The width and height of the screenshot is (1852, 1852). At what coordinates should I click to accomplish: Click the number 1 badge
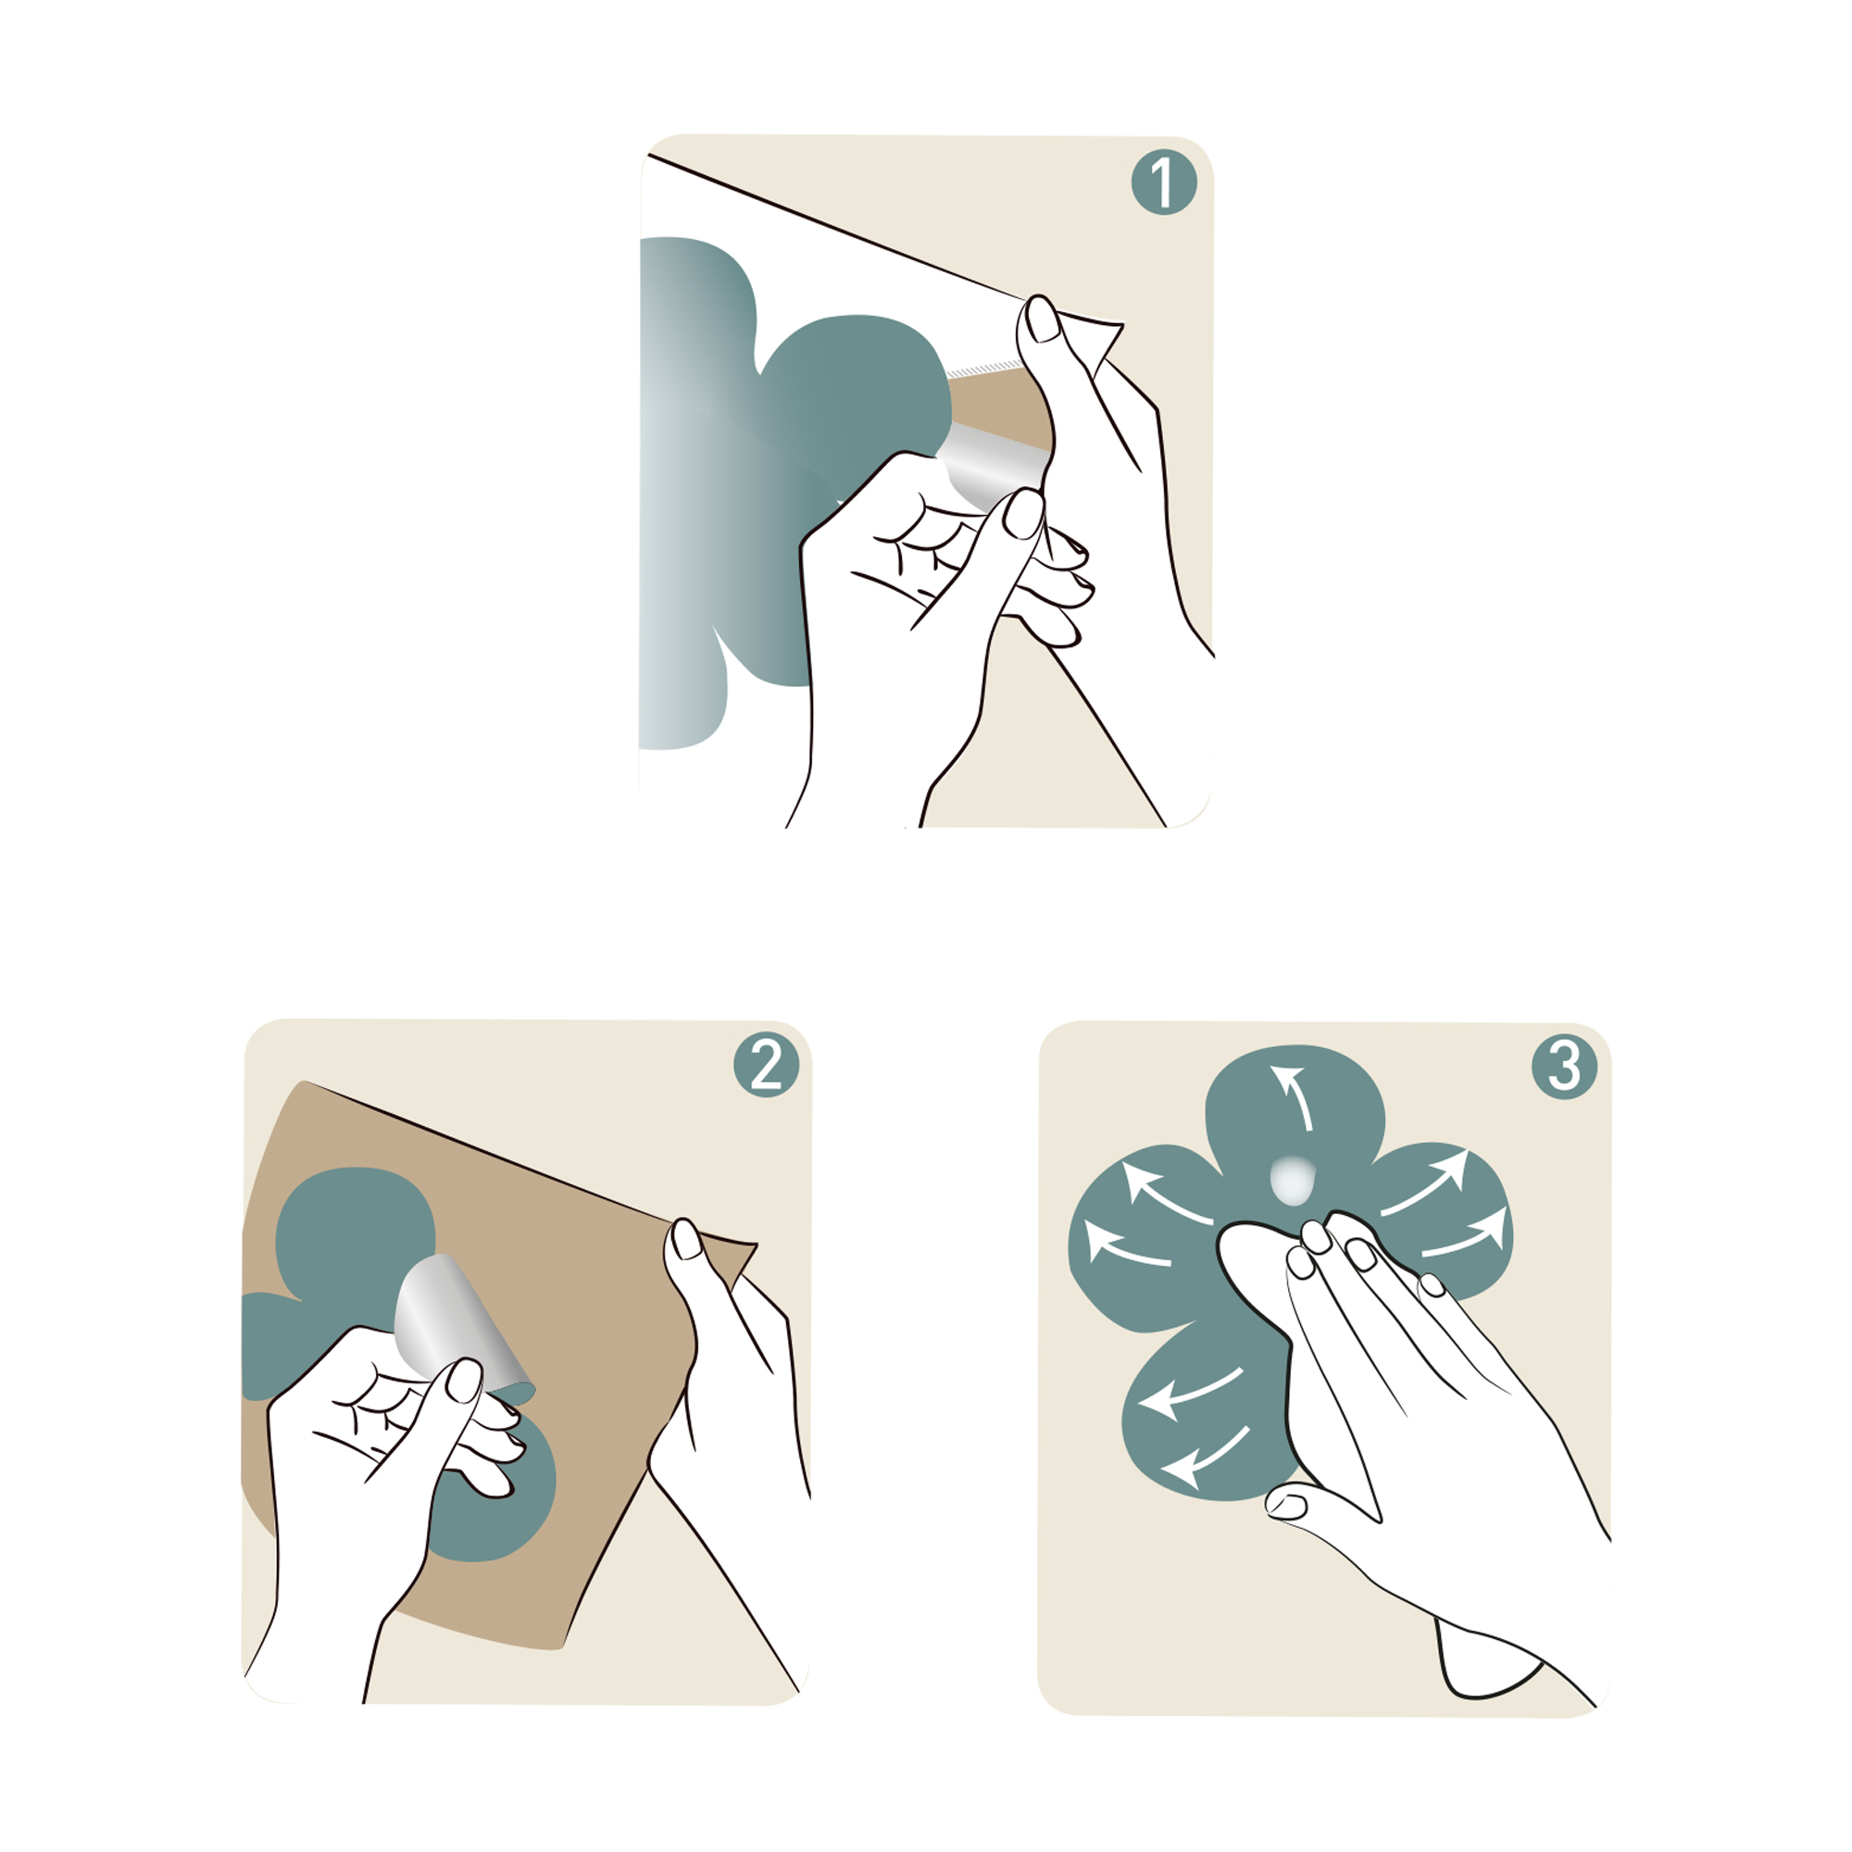[x=1164, y=181]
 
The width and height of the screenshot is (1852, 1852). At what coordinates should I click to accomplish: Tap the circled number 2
[x=766, y=1065]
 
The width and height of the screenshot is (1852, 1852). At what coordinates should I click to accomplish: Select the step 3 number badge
[x=1564, y=1066]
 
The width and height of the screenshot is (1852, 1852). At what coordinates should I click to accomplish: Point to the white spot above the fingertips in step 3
[x=1291, y=1180]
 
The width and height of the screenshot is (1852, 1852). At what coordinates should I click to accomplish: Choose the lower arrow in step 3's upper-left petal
[x=1125, y=1245]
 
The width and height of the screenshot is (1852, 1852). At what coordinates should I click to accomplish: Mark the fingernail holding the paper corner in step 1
[x=1042, y=319]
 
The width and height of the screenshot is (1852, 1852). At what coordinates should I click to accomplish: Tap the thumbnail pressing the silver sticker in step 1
[x=1023, y=514]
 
